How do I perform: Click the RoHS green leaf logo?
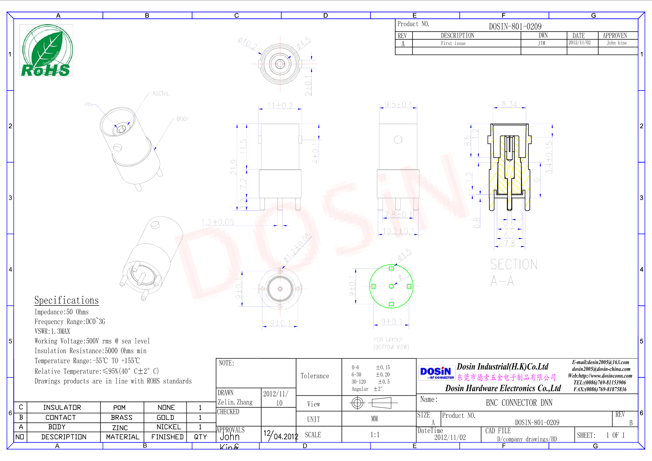[x=46, y=50]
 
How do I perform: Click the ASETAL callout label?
[x=160, y=93]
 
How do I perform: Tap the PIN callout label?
[x=88, y=104]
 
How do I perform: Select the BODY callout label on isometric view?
[x=182, y=119]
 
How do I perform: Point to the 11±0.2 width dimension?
[x=280, y=106]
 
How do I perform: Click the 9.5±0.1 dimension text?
[x=398, y=105]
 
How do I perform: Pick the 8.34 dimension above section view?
[x=509, y=104]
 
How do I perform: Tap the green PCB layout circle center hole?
[x=391, y=286]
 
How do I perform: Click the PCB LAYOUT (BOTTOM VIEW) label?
[x=391, y=343]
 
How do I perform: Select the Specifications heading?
[x=66, y=300]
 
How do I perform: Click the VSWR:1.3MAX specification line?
[x=52, y=331]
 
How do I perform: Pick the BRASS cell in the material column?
[x=121, y=417]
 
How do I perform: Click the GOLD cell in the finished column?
[x=165, y=417]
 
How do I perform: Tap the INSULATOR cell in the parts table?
[x=62, y=407]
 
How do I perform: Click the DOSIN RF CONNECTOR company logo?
[x=436, y=372]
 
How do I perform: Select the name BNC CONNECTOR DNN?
[x=519, y=403]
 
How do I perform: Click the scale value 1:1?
[x=375, y=435]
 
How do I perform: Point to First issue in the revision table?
[x=453, y=43]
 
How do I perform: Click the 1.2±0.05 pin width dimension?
[x=217, y=222]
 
